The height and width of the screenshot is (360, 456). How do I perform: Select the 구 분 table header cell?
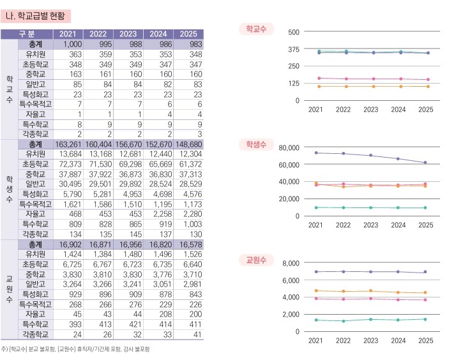(x=27, y=34)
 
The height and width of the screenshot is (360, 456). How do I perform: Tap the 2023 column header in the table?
(x=128, y=34)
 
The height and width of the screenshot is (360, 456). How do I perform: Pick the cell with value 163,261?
(x=70, y=144)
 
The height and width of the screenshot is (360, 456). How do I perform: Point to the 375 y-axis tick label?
(x=294, y=49)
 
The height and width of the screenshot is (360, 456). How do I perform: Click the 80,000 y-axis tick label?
(x=289, y=147)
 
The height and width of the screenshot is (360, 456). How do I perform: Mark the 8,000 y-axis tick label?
(x=291, y=263)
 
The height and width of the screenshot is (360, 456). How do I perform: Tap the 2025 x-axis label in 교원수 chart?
(x=426, y=341)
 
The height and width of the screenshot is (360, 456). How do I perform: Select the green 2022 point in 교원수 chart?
(x=344, y=321)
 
